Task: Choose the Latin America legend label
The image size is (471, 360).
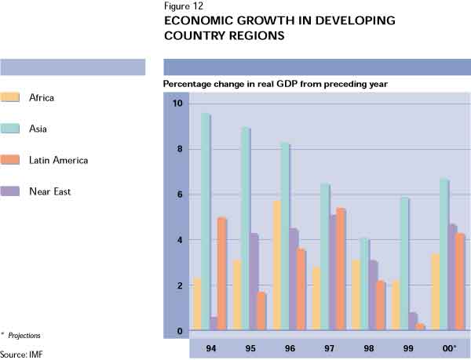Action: (58, 160)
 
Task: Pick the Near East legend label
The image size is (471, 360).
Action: (49, 191)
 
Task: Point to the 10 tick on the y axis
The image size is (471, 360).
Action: (177, 104)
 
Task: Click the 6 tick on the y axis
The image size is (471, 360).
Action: (179, 195)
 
